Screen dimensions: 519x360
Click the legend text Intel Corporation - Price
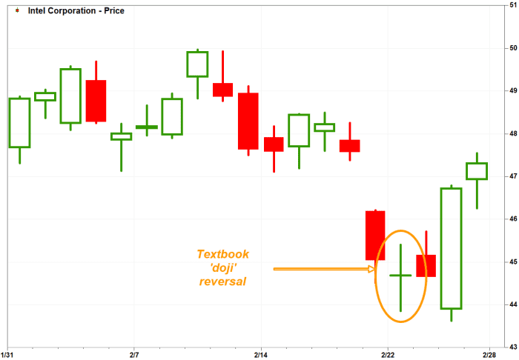tap(76, 10)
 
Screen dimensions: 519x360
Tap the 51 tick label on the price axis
tap(513, 5)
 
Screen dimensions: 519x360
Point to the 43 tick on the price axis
tap(513, 347)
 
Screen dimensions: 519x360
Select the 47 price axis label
tap(513, 176)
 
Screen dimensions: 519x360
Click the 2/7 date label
tap(133, 356)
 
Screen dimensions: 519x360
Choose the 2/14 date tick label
tap(261, 356)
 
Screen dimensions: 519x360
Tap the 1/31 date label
tap(7, 356)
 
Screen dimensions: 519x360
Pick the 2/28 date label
tap(489, 356)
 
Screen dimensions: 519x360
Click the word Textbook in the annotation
tap(222, 254)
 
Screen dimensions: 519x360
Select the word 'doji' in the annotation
tap(222, 267)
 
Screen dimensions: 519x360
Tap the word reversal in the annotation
tap(222, 281)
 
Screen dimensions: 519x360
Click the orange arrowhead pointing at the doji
tap(371, 269)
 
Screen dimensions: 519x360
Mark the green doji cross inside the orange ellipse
tap(400, 275)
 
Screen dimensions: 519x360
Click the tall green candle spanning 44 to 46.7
tap(451, 249)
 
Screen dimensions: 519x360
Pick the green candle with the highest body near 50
tap(197, 64)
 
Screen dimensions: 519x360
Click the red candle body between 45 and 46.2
tap(375, 236)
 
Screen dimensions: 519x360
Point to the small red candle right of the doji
tap(426, 266)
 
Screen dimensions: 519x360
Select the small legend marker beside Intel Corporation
tap(17, 10)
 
